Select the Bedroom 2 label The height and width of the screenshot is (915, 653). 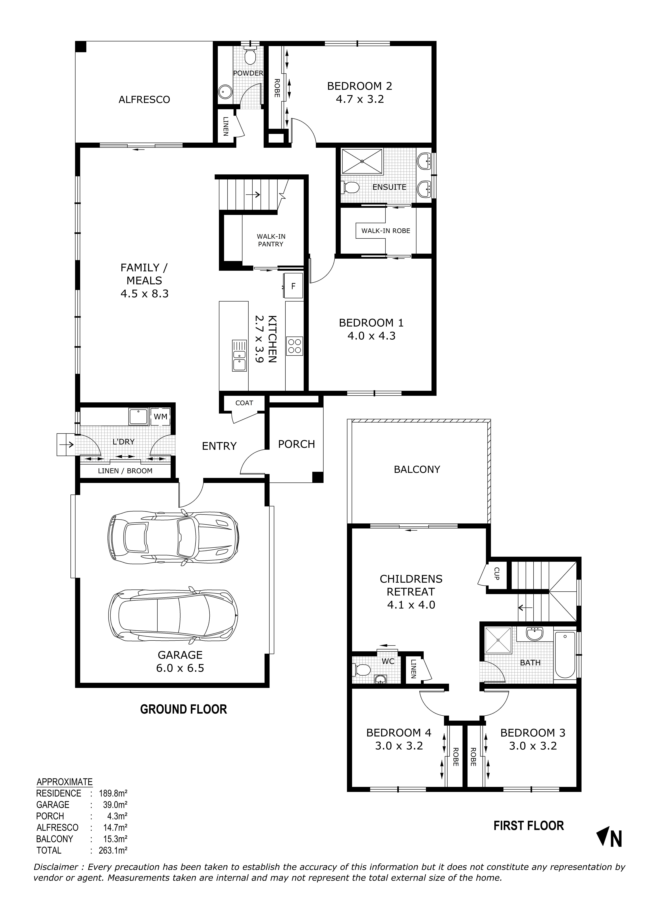click(359, 86)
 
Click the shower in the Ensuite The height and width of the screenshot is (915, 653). click(361, 161)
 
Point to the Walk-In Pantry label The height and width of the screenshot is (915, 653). click(271, 240)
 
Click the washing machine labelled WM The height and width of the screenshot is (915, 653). click(160, 417)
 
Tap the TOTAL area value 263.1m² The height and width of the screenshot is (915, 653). click(113, 850)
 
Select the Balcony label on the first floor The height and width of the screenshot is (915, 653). click(417, 469)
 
